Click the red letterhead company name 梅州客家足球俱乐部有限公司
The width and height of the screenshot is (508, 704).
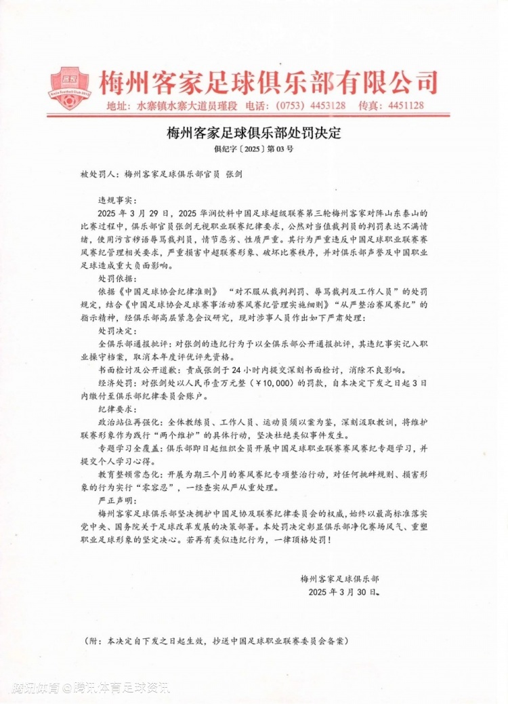[265, 83]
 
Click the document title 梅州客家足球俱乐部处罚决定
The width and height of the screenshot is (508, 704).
[254, 133]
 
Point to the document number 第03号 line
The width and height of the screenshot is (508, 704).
[254, 149]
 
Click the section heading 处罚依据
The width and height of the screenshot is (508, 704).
[117, 278]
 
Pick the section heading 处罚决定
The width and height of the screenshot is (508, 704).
[117, 331]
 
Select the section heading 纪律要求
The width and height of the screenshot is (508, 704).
[117, 410]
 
